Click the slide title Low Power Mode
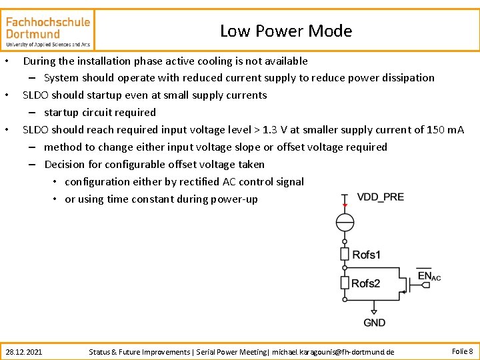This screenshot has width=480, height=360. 285,31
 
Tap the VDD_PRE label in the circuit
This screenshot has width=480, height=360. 380,197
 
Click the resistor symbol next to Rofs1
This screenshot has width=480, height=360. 345,254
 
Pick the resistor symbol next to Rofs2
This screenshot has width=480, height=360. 345,283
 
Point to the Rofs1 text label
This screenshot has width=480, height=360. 367,255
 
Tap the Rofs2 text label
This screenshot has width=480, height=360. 366,283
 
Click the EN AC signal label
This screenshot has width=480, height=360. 428,275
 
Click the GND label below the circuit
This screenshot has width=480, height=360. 374,323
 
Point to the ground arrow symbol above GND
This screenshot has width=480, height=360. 374,310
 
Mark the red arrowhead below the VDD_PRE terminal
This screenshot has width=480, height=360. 345,205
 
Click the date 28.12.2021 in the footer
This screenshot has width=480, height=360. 23,351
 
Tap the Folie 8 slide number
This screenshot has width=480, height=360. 462,351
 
